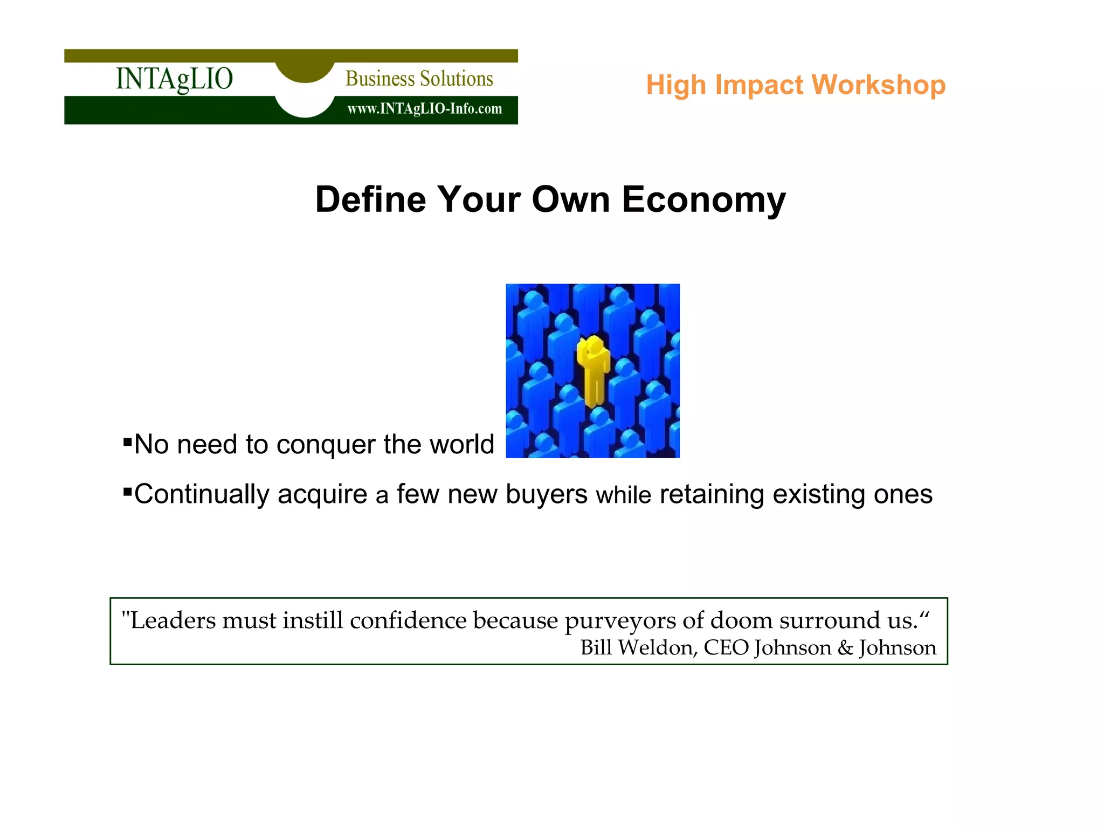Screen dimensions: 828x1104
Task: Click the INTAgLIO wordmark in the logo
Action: (174, 79)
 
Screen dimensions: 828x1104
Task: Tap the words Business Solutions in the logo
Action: (419, 79)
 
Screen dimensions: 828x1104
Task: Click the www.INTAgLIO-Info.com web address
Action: (424, 109)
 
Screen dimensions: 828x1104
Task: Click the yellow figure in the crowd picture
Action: (593, 370)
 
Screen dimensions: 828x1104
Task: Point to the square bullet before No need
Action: (128, 443)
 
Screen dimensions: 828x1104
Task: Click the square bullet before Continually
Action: (128, 492)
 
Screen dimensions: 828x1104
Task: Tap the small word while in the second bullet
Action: (623, 495)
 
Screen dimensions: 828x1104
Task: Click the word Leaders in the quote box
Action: (173, 620)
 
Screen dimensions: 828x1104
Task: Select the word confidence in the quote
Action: (408, 620)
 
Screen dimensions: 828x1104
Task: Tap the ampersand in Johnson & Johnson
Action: (845, 648)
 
